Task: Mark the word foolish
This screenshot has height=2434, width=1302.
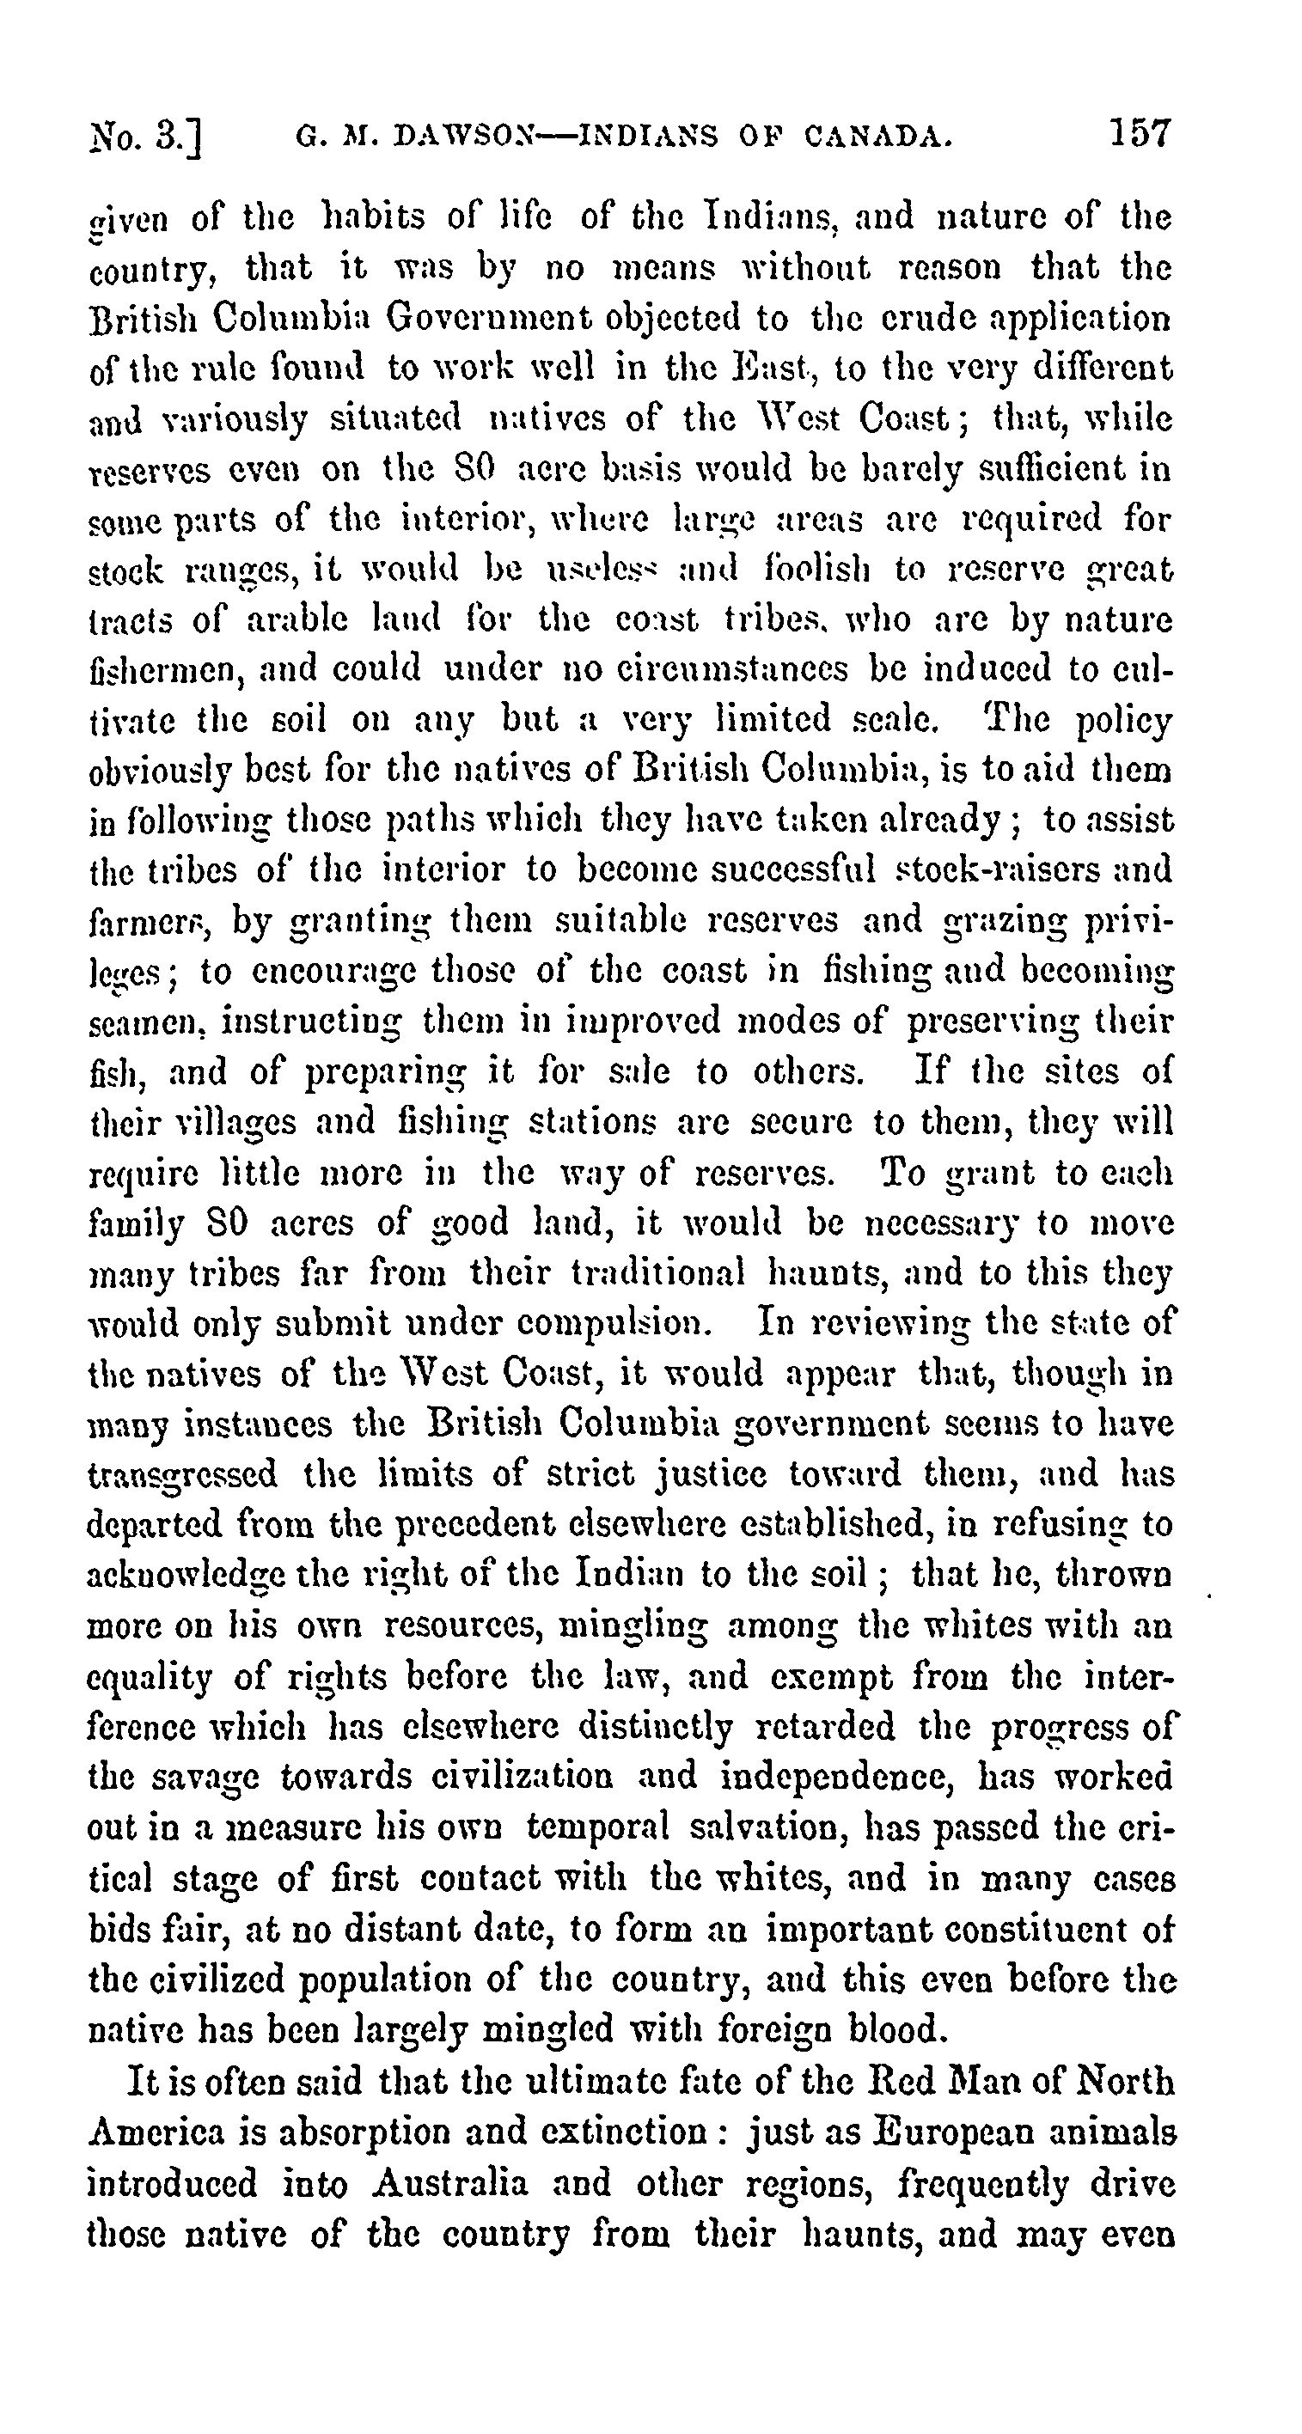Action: point(810,569)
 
